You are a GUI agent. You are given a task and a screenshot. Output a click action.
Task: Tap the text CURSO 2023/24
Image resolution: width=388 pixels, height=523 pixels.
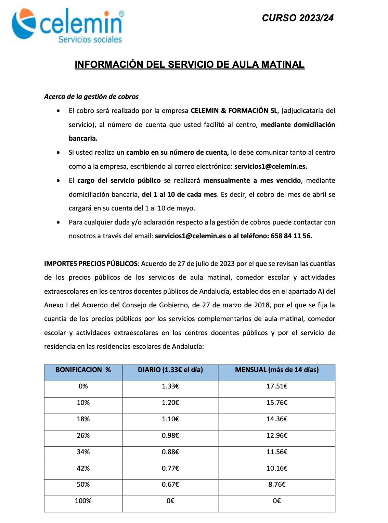point(298,18)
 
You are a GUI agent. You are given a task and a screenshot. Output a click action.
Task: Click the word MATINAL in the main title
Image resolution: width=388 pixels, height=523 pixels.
point(283,64)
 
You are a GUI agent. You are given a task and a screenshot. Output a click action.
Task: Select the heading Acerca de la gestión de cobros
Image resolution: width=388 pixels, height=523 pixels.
point(91,97)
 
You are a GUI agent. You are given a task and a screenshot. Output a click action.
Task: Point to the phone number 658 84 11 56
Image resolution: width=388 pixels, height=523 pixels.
point(291,236)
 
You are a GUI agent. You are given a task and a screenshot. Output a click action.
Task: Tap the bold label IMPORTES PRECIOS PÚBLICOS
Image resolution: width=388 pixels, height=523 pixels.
point(91,264)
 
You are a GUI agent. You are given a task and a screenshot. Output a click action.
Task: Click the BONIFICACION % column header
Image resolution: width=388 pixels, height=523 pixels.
point(83,370)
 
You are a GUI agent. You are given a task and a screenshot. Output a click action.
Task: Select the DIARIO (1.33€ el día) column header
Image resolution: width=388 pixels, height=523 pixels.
point(170,370)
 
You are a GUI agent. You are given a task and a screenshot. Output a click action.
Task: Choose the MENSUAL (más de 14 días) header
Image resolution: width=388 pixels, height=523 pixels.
point(277,370)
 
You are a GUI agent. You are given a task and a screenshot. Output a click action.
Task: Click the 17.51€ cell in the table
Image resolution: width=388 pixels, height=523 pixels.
point(277,386)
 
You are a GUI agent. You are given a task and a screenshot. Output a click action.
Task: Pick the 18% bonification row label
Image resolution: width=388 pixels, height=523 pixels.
point(83,419)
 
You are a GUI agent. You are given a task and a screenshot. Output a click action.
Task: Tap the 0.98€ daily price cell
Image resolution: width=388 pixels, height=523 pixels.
point(170,435)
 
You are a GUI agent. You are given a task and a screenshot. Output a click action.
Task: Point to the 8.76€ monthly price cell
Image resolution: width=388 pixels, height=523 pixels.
point(277,484)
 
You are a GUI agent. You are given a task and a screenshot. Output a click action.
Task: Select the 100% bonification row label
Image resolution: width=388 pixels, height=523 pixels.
point(83,501)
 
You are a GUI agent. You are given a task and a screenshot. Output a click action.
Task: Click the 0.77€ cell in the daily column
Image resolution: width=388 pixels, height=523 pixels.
point(170,468)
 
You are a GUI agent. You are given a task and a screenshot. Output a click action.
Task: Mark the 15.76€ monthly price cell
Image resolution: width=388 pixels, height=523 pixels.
point(277,403)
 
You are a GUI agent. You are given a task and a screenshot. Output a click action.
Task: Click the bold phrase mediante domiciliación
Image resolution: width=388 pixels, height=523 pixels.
point(298,125)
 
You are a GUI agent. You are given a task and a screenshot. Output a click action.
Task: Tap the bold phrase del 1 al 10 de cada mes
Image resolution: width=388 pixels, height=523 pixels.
point(179,194)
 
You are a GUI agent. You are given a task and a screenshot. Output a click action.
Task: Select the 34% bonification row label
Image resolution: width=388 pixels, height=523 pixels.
point(83,452)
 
